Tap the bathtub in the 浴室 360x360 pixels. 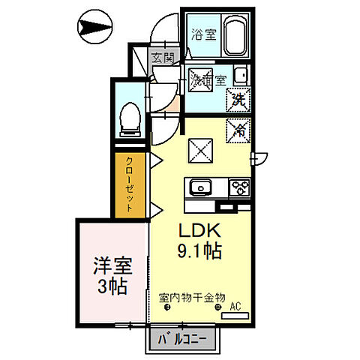tap(235, 36)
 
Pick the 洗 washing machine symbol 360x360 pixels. tap(238, 97)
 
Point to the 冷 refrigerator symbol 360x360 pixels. tap(238, 129)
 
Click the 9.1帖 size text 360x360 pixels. tap(199, 252)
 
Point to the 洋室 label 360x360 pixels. tap(110, 266)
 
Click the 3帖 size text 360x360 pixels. tap(110, 286)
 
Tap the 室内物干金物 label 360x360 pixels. tap(193, 297)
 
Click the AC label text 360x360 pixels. tap(235, 305)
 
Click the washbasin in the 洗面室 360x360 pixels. tap(241, 76)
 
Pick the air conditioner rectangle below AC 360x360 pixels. tap(235, 316)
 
